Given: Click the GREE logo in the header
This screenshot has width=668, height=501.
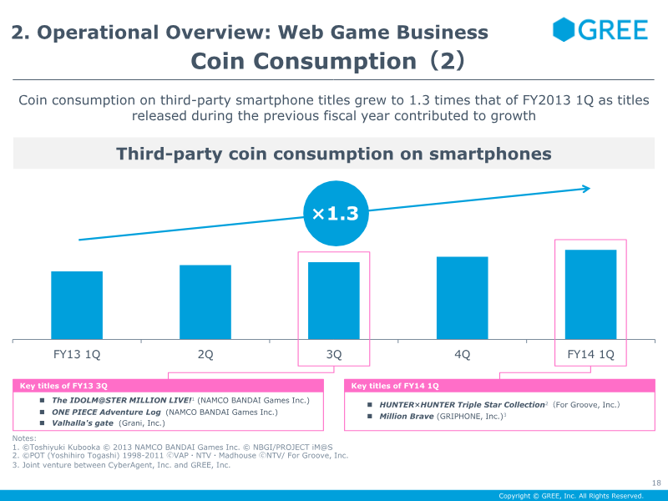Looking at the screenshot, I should (x=600, y=30).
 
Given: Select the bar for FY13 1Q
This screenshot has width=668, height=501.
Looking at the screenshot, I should (x=77, y=306).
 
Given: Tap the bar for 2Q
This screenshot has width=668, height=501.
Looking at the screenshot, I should (x=205, y=302).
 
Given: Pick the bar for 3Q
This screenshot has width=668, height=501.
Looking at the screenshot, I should (x=334, y=301).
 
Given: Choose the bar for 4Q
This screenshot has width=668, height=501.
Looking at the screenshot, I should (x=463, y=298).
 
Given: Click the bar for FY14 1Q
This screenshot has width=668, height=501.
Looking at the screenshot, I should (x=591, y=295).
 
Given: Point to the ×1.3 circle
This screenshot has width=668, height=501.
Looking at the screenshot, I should (x=335, y=214).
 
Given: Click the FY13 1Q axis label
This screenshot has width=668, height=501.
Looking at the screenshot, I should (x=77, y=354).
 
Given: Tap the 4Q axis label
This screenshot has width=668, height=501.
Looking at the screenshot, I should (x=463, y=354).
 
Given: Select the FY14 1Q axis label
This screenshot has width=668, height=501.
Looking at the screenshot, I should (x=591, y=354).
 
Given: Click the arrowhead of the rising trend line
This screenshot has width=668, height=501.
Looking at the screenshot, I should (x=586, y=188).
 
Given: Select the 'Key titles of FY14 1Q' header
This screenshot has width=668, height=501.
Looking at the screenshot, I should (x=395, y=386).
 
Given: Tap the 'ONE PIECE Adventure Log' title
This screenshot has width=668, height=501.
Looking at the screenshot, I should (x=107, y=412).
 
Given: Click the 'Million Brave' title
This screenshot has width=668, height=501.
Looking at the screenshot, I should (x=407, y=416).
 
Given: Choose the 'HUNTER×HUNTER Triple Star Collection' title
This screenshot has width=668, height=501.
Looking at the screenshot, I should (x=462, y=404).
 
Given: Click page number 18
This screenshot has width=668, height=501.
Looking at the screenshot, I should (x=655, y=482).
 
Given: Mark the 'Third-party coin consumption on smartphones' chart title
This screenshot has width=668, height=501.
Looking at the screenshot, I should (x=334, y=154).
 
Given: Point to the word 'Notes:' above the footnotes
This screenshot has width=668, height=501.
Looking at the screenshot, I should (x=24, y=438).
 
